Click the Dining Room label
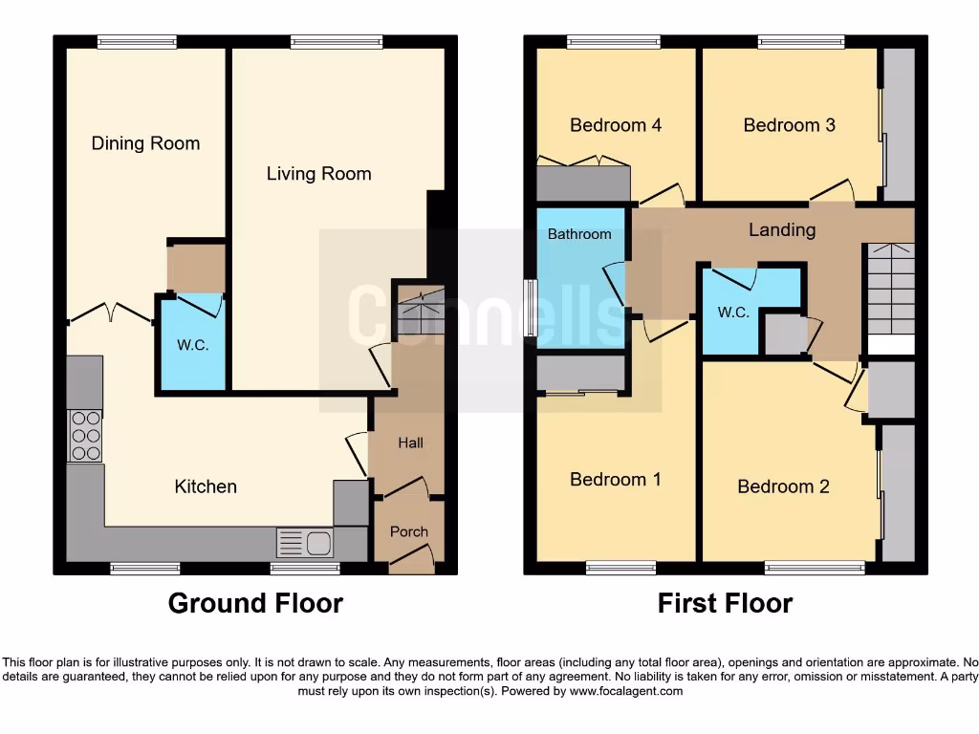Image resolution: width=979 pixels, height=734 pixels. [145, 143]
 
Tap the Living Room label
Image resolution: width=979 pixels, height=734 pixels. [318, 174]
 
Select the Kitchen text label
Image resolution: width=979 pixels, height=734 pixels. [206, 486]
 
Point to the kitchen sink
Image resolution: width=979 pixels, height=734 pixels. [304, 543]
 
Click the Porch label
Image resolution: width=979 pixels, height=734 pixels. [409, 532]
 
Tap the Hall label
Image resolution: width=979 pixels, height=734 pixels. [410, 443]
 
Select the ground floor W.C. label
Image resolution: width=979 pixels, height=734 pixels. [192, 345]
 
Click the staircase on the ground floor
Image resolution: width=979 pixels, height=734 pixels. [420, 308]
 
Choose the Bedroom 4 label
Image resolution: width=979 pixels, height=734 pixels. [616, 125]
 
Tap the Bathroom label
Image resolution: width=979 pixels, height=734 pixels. [579, 234]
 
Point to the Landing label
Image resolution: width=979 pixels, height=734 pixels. [782, 229]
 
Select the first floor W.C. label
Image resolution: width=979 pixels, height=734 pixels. [733, 313]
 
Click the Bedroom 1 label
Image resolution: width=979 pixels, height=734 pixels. [616, 479]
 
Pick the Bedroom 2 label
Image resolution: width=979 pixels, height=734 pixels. [783, 486]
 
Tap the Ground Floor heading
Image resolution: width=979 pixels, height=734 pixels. [255, 603]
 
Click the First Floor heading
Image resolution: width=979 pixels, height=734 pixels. [725, 603]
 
